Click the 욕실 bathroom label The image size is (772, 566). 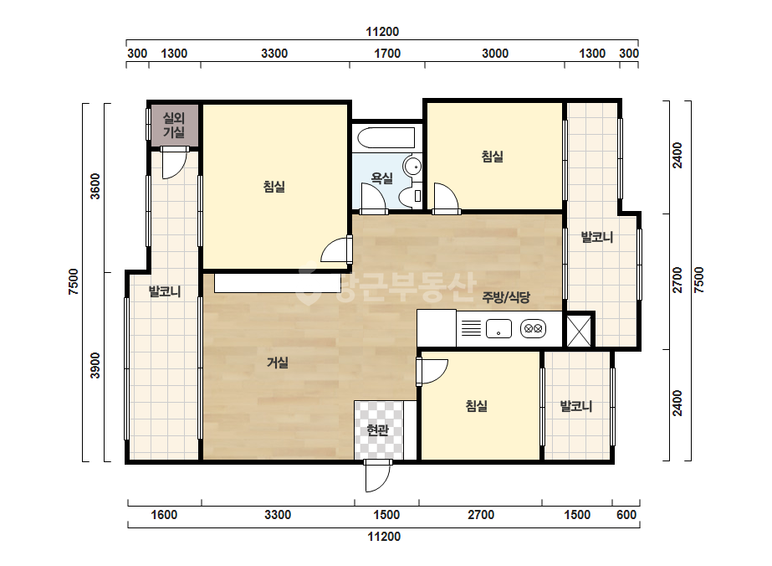tap(381, 178)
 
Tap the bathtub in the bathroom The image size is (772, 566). tap(386, 137)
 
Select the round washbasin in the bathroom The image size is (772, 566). tap(412, 166)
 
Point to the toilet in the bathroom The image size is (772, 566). tap(411, 196)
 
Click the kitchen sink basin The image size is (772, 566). tap(498, 329)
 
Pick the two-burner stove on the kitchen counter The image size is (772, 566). tap(534, 328)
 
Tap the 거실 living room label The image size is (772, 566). tap(277, 363)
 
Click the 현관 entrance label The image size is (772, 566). tap(377, 430)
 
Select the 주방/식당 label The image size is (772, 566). tap(506, 296)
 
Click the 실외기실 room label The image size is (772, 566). tap(174, 125)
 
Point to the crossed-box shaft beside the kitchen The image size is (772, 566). tap(580, 330)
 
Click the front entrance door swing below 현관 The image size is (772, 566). tap(377, 476)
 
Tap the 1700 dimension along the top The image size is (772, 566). tap(387, 54)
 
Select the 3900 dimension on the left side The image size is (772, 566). tap(95, 365)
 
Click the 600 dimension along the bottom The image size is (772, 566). tap(626, 515)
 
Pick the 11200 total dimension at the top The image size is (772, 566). tap(382, 32)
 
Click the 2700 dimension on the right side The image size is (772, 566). tap(677, 280)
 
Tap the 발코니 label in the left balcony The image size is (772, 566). tap(165, 291)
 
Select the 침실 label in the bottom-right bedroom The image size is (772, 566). tap(477, 406)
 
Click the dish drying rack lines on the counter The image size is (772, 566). tap(471, 328)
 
